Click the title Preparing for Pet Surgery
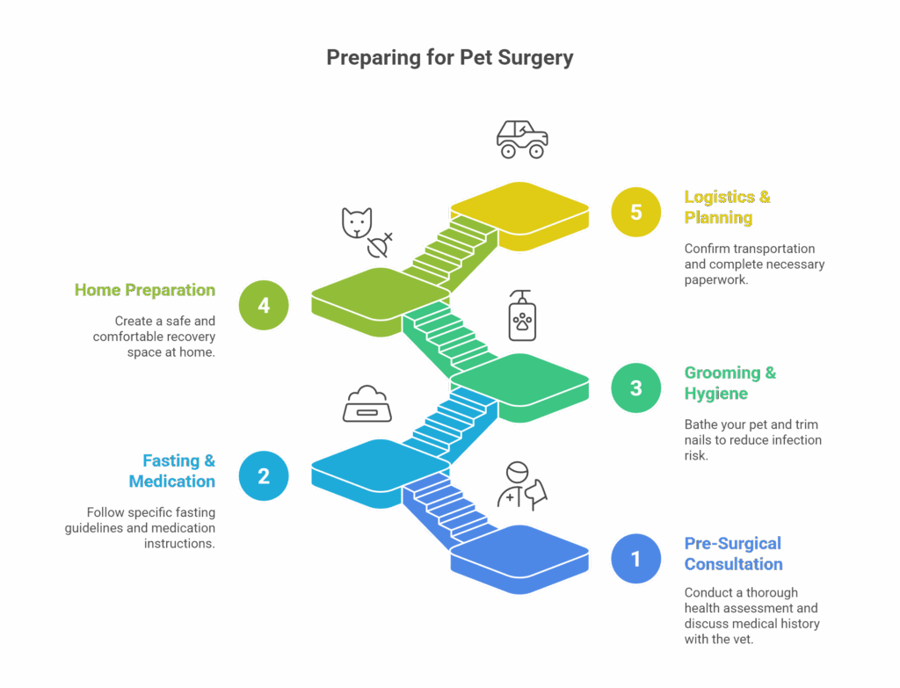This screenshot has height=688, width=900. click(449, 58)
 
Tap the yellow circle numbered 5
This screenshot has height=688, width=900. click(636, 212)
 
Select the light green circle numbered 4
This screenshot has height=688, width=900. click(264, 305)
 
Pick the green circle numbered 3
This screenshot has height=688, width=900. click(636, 387)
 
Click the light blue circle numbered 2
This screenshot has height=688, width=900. click(264, 475)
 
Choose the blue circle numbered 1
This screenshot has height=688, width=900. click(636, 558)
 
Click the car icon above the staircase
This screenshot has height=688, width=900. click(522, 139)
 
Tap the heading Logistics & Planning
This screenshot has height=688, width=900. click(727, 206)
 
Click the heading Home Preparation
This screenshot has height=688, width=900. click(145, 290)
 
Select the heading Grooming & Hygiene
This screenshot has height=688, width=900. click(729, 383)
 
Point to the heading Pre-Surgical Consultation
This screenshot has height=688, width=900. click(732, 554)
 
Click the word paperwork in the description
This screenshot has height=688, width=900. click(714, 279)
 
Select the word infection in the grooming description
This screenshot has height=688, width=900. click(791, 439)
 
